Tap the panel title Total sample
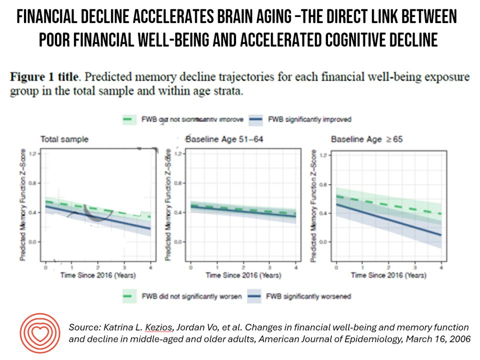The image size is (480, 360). (64, 139)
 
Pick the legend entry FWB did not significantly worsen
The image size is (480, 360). (190, 296)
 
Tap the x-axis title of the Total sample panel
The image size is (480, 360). (98, 275)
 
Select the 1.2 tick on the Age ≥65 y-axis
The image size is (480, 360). (322, 155)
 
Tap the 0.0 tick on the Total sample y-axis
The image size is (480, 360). (33, 242)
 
